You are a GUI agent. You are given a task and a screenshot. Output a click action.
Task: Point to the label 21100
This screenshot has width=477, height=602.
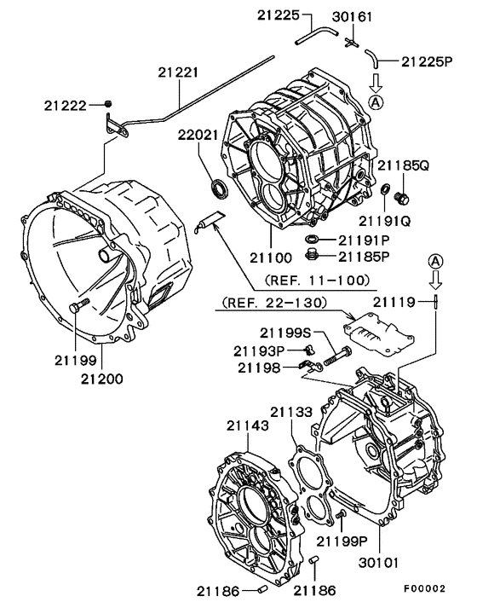click(x=272, y=256)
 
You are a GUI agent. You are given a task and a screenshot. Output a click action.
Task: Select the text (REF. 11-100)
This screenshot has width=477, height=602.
click(x=317, y=280)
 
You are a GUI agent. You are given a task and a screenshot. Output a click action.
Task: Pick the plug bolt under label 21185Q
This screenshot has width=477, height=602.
click(x=404, y=199)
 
